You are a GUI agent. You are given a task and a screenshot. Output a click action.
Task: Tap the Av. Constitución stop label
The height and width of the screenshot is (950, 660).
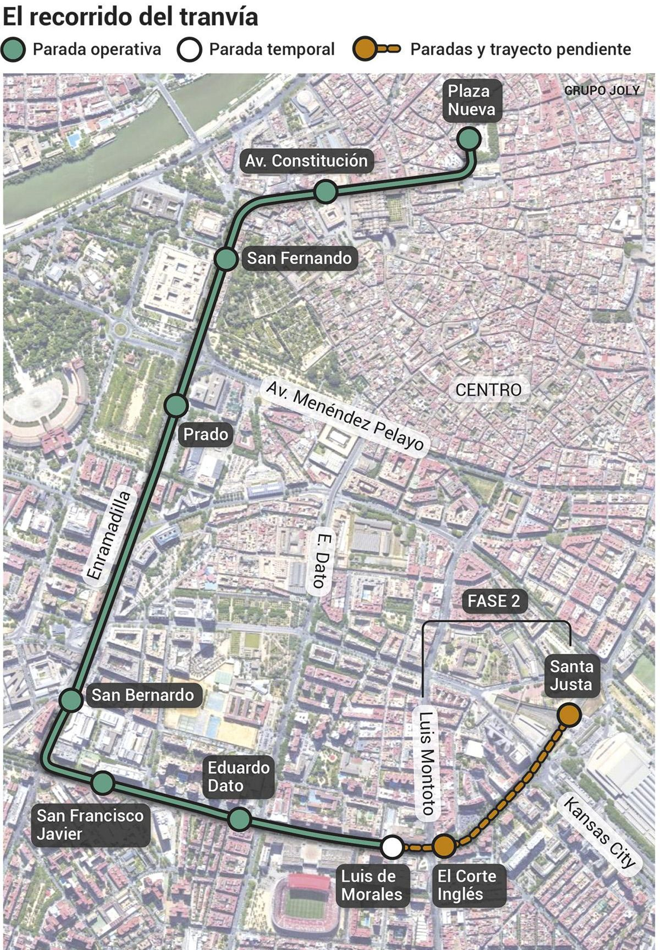pos(306,161)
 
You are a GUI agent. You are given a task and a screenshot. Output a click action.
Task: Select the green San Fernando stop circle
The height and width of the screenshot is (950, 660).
pos(226,259)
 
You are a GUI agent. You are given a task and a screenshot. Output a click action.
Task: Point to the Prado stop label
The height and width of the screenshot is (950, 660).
pos(205,434)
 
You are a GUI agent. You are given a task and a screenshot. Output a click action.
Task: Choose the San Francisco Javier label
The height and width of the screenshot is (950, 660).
pos(90,825)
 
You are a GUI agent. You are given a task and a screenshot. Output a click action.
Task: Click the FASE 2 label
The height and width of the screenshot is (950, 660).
pos(494,601)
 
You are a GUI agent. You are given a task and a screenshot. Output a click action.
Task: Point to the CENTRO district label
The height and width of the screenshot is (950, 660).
pos(488,390)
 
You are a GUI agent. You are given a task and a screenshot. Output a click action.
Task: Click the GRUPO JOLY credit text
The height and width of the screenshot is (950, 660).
pos(602,91)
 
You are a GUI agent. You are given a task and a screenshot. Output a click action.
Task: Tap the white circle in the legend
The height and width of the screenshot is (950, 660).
pos(189,49)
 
